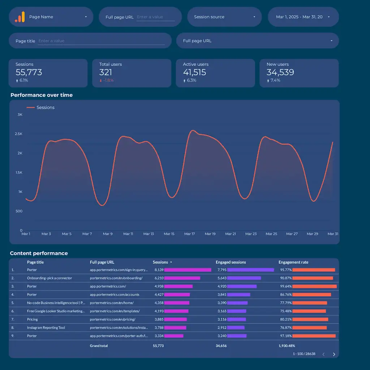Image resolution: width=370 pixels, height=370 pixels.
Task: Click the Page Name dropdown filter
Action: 51,17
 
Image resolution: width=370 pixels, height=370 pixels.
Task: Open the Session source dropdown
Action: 224,17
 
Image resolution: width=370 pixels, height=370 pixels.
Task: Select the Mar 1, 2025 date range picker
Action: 303,17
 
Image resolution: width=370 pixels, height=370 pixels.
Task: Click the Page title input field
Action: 101,41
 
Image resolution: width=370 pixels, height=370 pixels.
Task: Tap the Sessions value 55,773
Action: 29,72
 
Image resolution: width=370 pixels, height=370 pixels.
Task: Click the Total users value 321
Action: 106,72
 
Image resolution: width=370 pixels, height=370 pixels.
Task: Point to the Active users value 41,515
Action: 194,72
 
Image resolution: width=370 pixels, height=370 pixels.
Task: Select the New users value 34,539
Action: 280,72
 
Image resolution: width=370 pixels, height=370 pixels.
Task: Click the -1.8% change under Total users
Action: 108,81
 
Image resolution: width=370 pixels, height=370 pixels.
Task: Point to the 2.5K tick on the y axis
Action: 18,134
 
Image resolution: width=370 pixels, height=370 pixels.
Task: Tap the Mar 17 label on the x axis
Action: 189,234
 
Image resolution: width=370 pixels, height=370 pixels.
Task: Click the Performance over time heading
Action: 42,95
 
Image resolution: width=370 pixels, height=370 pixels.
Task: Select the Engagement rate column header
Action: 293,262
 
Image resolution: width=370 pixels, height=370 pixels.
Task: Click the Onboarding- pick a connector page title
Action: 50,278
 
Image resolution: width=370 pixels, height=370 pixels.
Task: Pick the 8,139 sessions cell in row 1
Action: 159,270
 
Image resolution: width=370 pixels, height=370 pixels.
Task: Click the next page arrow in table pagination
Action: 334,354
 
